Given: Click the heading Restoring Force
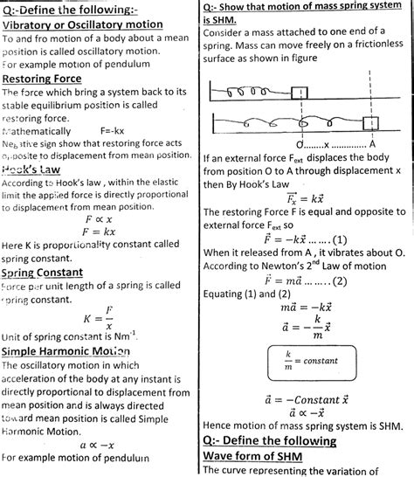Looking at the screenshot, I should click(x=48, y=79).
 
